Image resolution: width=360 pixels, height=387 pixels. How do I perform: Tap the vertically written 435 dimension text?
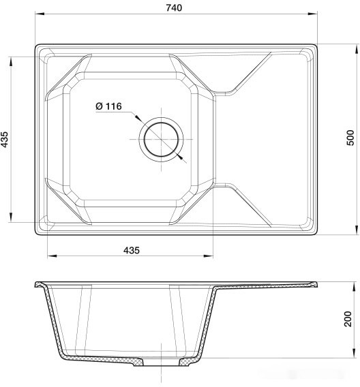point(5,140)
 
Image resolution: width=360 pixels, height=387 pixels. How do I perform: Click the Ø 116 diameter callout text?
point(108,106)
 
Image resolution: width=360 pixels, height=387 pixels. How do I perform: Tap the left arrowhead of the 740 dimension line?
point(37,14)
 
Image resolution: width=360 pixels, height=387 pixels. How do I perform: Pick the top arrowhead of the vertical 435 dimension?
point(11,59)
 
